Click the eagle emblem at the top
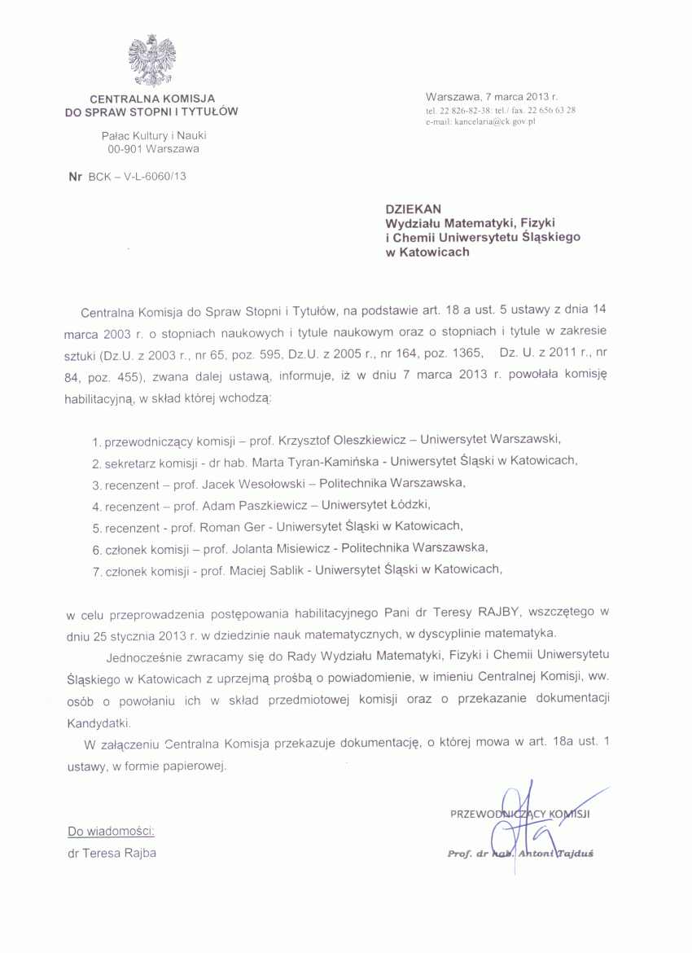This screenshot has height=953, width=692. coord(152,60)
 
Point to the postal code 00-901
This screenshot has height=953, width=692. coord(127,150)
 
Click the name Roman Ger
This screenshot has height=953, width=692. coord(230,525)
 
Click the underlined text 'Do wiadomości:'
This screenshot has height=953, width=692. coord(111,832)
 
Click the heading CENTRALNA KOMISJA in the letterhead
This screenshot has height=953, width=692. coord(151,98)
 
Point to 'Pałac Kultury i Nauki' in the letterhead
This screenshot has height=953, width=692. coord(152,136)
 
